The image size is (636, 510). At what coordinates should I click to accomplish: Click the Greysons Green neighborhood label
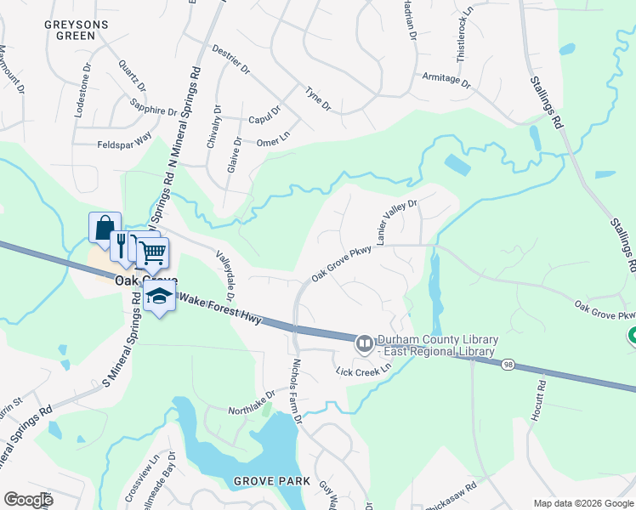77,31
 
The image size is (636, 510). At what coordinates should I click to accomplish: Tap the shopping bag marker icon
104,228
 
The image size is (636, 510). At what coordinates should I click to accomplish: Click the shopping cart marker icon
153,252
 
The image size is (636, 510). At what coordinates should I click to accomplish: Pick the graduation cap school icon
158,296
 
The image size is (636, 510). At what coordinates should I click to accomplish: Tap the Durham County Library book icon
364,343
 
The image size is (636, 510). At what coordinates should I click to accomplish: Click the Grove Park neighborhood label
272,481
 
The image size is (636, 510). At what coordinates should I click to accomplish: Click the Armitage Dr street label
446,79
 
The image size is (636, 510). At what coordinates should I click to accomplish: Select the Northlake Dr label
252,402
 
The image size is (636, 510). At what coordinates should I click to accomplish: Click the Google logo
29,500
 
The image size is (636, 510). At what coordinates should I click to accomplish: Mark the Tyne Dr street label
318,99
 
